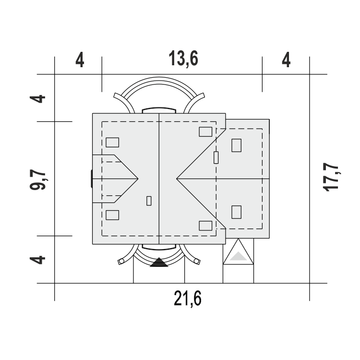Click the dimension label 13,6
[183, 59]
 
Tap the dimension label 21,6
[188, 298]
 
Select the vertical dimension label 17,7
[331, 177]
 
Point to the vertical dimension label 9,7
[38, 180]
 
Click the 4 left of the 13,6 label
[80, 60]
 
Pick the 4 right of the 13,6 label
[286, 60]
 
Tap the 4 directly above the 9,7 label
[37, 99]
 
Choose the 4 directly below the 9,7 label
[37, 260]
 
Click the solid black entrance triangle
[159, 262]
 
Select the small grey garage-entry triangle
[238, 256]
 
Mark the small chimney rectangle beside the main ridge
[149, 201]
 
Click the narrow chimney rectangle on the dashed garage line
[216, 157]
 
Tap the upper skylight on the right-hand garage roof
[236, 145]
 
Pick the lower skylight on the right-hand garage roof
[236, 212]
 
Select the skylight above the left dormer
[112, 143]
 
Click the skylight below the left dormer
[112, 215]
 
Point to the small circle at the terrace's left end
[121, 261]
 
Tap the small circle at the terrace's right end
[196, 261]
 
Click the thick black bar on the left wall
[92, 179]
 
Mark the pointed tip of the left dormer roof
[138, 179]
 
